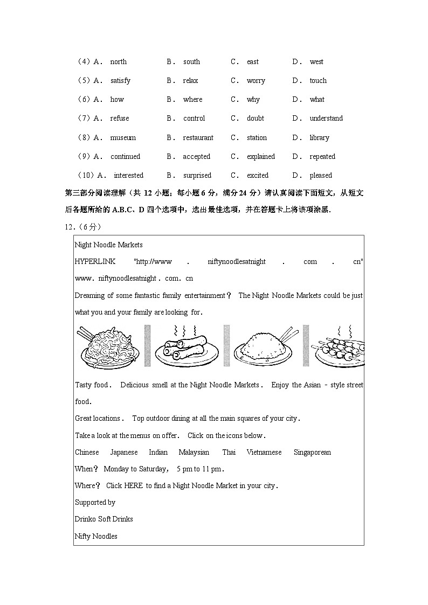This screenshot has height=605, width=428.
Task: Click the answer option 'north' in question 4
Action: click(x=118, y=62)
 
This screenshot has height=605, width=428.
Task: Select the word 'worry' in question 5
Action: click(x=256, y=81)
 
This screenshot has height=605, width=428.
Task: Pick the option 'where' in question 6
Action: click(x=192, y=100)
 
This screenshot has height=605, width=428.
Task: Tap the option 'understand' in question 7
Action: click(x=326, y=119)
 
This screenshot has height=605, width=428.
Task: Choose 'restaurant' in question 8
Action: click(x=198, y=138)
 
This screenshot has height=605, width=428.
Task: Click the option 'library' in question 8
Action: click(x=319, y=138)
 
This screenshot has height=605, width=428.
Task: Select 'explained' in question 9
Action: click(x=261, y=157)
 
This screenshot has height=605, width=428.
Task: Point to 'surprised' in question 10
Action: click(x=197, y=176)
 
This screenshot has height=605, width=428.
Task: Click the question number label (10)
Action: click(x=86, y=176)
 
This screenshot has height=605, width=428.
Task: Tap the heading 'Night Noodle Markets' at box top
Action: click(x=108, y=245)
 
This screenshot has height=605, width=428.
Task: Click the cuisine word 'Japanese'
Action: click(x=124, y=453)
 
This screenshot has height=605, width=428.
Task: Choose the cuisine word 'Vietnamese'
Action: click(x=264, y=453)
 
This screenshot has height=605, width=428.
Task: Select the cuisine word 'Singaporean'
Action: click(x=312, y=453)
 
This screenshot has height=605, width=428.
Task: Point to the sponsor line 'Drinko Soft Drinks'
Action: click(x=103, y=519)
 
